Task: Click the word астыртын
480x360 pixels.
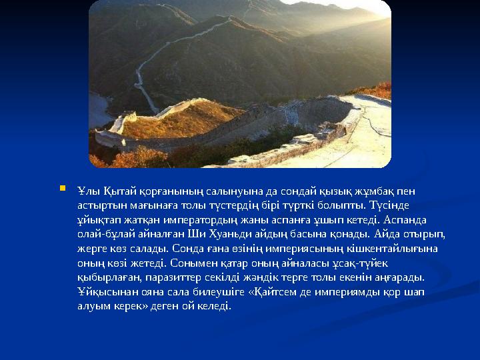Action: coord(99,206)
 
